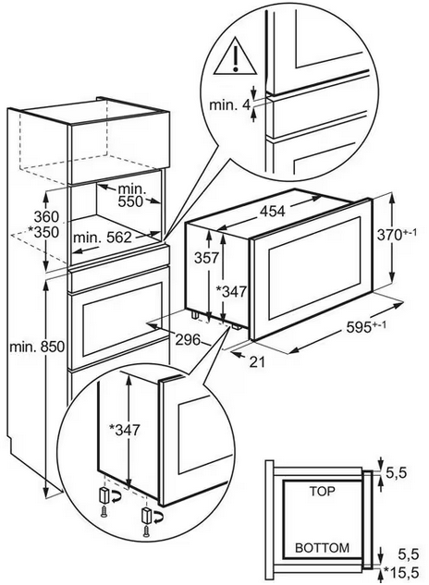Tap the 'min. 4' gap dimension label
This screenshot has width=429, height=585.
point(229,104)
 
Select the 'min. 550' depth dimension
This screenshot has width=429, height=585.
point(130,195)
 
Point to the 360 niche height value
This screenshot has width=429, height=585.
point(46,216)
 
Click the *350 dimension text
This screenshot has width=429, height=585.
point(43,232)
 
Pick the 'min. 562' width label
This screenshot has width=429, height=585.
point(103,238)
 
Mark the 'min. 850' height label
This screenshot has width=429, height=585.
point(37,347)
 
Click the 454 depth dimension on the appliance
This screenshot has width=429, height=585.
point(272,212)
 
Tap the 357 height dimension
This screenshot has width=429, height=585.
point(206,258)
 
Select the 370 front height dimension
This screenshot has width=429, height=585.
point(397,235)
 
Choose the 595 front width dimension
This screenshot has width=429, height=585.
point(366,327)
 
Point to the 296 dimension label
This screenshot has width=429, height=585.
point(188,339)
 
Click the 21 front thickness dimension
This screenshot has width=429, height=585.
point(256,362)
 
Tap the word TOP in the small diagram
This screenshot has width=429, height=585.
point(323,492)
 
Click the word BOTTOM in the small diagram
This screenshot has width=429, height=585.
point(323,548)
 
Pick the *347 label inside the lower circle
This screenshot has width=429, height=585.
point(124,430)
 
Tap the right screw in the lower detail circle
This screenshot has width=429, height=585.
point(146,529)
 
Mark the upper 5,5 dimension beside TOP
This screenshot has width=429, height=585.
point(396,473)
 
